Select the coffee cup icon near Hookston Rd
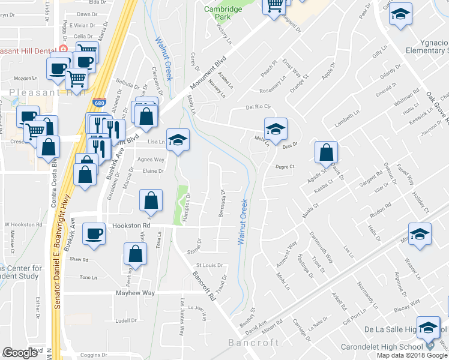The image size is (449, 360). [94, 234]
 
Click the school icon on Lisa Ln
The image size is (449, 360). [177, 140]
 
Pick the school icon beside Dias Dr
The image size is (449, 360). [276, 129]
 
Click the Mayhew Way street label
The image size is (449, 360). [135, 293]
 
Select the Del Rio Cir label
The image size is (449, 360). [259, 107]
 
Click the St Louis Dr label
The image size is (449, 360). [209, 265]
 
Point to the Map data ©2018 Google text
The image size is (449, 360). [412, 355]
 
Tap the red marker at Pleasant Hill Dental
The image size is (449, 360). [63, 49]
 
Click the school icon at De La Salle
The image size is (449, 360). [428, 328]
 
